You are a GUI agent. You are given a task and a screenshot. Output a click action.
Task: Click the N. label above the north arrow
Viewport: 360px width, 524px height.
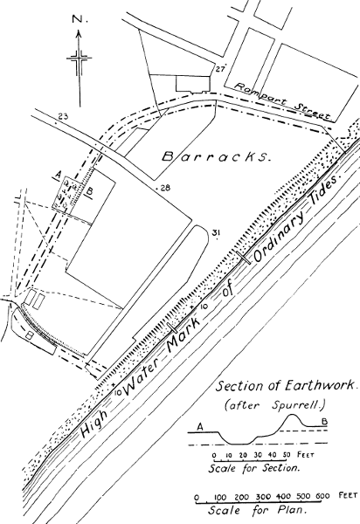point(80,20)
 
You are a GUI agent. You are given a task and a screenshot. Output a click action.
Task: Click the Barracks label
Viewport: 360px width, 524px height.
point(216,157)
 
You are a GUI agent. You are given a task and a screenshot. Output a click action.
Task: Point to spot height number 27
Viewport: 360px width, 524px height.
point(219,70)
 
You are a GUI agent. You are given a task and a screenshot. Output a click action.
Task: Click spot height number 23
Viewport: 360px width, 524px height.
point(63,117)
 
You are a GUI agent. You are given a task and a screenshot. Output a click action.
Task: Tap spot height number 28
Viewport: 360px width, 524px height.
point(165,188)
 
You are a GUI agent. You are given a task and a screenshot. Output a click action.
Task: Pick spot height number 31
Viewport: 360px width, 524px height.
point(216,231)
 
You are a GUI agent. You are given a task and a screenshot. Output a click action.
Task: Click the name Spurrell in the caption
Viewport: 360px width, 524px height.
point(298,405)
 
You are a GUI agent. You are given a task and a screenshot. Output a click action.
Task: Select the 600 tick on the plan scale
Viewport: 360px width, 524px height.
point(322,496)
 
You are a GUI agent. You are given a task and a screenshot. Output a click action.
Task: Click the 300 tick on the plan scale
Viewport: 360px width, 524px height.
point(263,497)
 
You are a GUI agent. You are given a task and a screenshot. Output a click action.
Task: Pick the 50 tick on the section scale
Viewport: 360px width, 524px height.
point(287,455)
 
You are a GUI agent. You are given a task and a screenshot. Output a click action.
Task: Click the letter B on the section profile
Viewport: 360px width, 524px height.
point(324,422)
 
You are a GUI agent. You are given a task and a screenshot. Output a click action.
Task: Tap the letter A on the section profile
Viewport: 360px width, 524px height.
point(200,427)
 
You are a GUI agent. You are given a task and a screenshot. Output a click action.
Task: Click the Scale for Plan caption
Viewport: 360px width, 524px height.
point(258,510)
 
